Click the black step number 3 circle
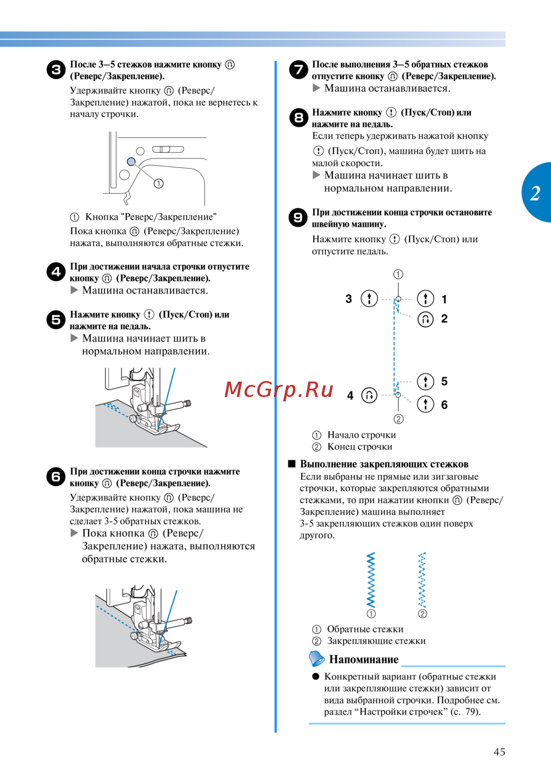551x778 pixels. click(56, 70)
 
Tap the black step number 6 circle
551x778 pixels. click(56, 477)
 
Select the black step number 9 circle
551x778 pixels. click(298, 217)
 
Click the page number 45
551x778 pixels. click(499, 752)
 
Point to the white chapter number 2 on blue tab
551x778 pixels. click(535, 193)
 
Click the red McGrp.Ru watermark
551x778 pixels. click(279, 389)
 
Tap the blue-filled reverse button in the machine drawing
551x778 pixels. click(131, 161)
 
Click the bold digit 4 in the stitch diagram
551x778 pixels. click(350, 395)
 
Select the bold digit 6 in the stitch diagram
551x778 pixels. click(444, 405)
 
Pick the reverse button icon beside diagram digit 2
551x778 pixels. click(425, 319)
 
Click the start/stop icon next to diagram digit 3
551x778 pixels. click(369, 298)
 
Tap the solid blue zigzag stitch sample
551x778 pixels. click(371, 579)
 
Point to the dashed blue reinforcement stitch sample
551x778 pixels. click(422, 579)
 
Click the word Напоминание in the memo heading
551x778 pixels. click(364, 659)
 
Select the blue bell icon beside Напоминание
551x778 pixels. click(316, 658)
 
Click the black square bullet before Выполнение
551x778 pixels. click(292, 464)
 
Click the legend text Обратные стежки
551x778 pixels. click(365, 629)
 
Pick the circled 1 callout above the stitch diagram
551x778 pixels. click(398, 274)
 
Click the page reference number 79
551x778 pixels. click(471, 711)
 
